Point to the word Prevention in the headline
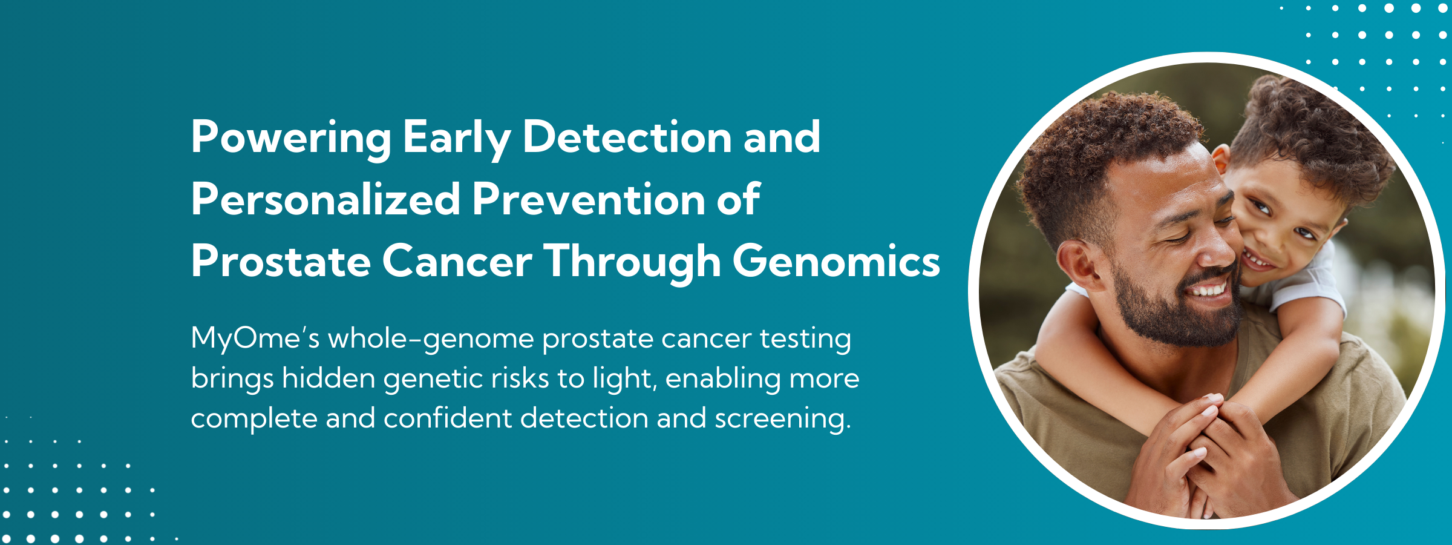tap(589, 199)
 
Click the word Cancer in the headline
tap(457, 262)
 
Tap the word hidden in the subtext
tap(329, 378)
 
